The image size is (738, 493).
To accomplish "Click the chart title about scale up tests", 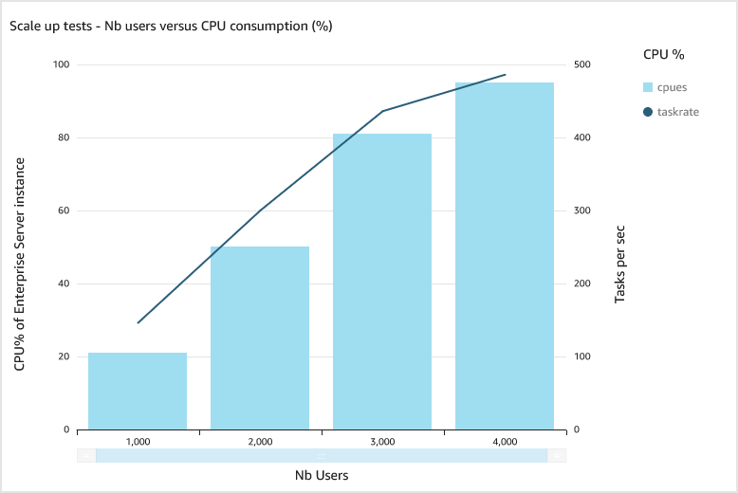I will tap(171, 26).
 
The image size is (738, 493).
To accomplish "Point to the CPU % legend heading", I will tap(664, 55).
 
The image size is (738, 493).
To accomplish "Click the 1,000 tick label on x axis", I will tap(138, 442).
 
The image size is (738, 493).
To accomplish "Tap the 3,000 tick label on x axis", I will tap(382, 442).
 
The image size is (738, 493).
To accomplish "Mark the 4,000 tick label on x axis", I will tap(505, 442).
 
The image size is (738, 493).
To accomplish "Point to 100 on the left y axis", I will tap(62, 64).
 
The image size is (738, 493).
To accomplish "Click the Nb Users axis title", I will tap(321, 475).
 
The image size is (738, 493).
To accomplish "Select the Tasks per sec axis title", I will tap(619, 264).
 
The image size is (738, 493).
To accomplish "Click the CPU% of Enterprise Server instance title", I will tap(19, 266).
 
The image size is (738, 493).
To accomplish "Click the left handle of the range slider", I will tap(86, 455).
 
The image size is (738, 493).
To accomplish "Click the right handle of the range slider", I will tap(557, 455).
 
